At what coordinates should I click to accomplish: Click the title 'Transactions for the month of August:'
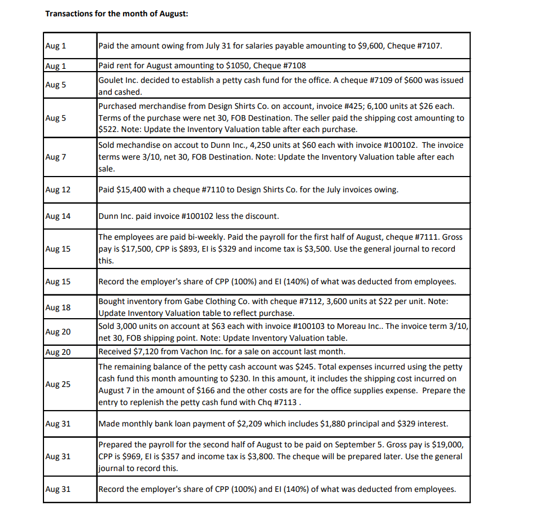click(x=116, y=14)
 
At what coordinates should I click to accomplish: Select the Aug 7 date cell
click(x=55, y=156)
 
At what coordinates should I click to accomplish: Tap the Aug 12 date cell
click(x=58, y=190)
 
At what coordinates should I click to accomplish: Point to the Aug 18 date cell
click(x=58, y=307)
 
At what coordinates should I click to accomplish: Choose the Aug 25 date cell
click(x=58, y=384)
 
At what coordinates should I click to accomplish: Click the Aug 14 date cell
click(x=58, y=216)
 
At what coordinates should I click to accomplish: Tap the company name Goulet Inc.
click(x=120, y=80)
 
